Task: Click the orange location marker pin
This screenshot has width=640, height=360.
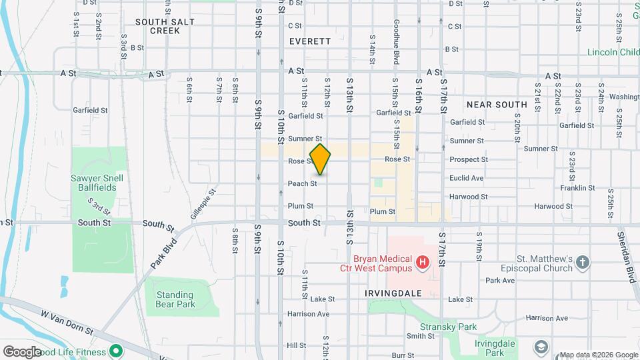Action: [321, 159]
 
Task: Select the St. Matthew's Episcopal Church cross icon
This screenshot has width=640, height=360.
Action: [583, 263]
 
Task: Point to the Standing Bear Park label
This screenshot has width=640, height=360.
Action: [175, 299]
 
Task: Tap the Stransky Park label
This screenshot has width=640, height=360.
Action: [449, 327]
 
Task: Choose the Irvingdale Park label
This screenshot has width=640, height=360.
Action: [494, 347]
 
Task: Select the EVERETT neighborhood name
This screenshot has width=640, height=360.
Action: [310, 41]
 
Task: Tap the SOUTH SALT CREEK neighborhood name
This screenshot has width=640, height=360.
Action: [165, 26]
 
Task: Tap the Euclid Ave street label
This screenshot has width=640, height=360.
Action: [467, 178]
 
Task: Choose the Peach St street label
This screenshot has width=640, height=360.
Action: [302, 183]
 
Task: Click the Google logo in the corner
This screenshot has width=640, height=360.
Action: [22, 351]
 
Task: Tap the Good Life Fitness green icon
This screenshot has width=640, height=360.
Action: [116, 351]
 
